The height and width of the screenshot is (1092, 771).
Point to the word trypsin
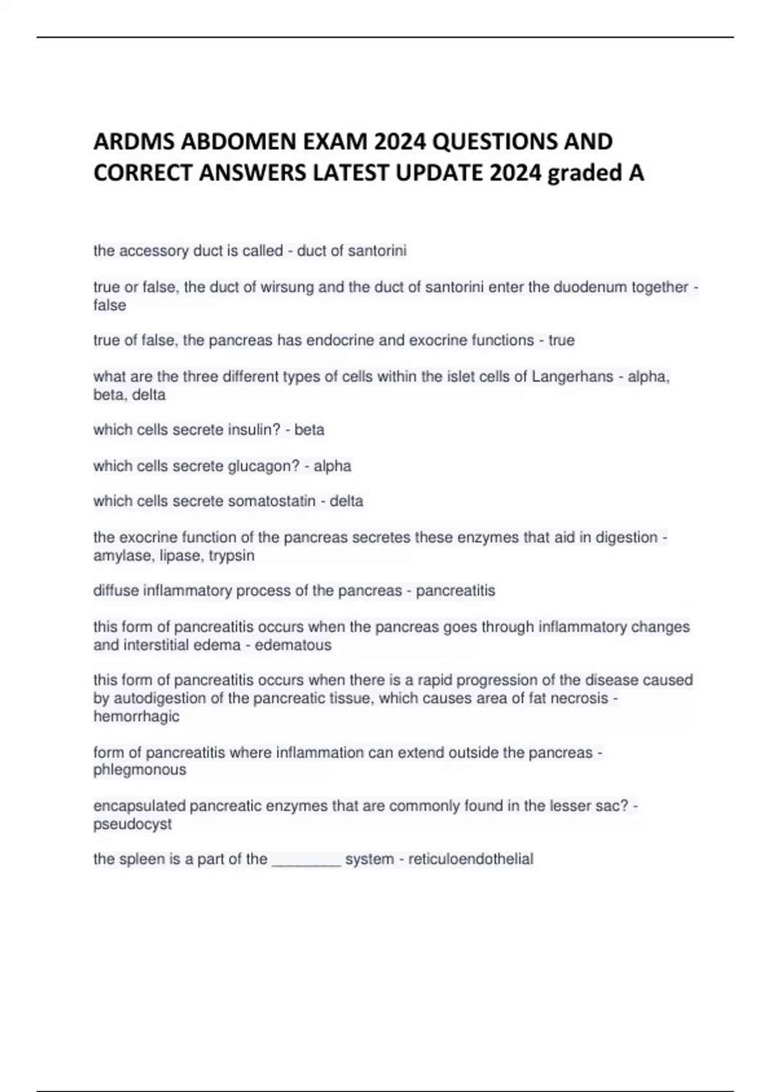click(x=231, y=556)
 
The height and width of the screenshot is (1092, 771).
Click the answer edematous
click(x=293, y=645)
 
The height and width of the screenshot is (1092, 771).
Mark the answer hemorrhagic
click(x=136, y=716)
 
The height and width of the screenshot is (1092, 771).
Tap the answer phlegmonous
click(x=139, y=770)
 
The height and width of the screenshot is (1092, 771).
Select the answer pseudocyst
click(x=132, y=824)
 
